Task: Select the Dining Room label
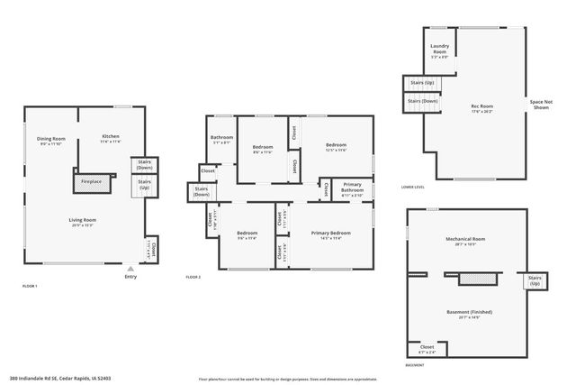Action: (x=50, y=141)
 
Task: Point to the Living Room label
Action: (x=83, y=221)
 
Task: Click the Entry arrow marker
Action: (x=131, y=268)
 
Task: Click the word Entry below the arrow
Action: (x=131, y=277)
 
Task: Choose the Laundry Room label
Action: (x=439, y=50)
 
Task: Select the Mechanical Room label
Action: (x=465, y=241)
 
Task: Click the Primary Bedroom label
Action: (x=330, y=234)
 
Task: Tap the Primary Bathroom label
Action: (x=352, y=190)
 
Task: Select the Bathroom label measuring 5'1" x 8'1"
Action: (x=221, y=140)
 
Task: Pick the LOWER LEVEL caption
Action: (x=414, y=187)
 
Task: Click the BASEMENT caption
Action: (x=415, y=365)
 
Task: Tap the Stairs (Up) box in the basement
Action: (x=534, y=280)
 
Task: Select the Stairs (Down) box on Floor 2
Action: (x=201, y=192)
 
